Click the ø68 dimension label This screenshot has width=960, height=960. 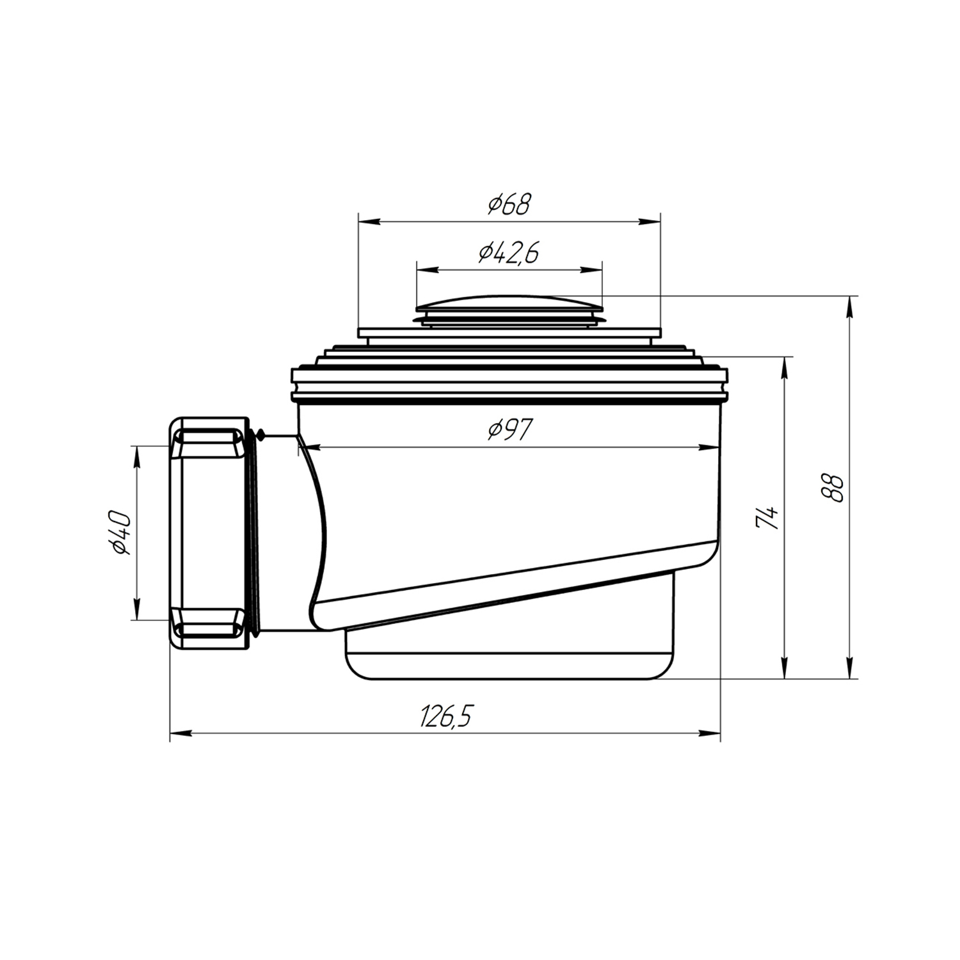509,204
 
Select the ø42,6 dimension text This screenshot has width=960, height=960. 509,253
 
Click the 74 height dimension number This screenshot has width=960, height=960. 767,516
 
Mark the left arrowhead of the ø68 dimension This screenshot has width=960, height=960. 369,221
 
